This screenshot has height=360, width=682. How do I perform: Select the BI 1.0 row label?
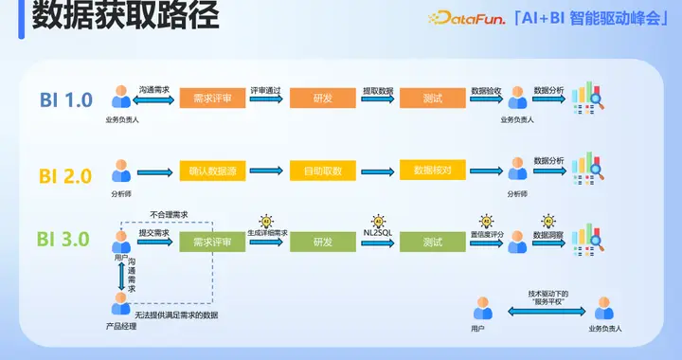pyautogui.click(x=66, y=99)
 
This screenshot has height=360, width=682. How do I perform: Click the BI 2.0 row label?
pyautogui.click(x=66, y=175)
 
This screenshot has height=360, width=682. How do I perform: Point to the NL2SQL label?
pyautogui.click(x=379, y=232)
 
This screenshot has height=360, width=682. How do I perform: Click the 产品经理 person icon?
pyautogui.click(x=120, y=304)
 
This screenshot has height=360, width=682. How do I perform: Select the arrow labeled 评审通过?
pyautogui.click(x=268, y=99)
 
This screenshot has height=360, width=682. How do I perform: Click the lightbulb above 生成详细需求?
pyautogui.click(x=267, y=220)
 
